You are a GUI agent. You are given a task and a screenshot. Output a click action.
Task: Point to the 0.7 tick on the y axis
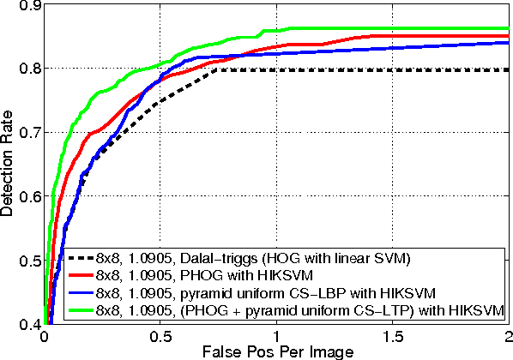(28, 132)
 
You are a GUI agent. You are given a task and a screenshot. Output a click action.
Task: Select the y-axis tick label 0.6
(28, 196)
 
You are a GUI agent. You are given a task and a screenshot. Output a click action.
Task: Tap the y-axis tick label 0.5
(28, 261)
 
